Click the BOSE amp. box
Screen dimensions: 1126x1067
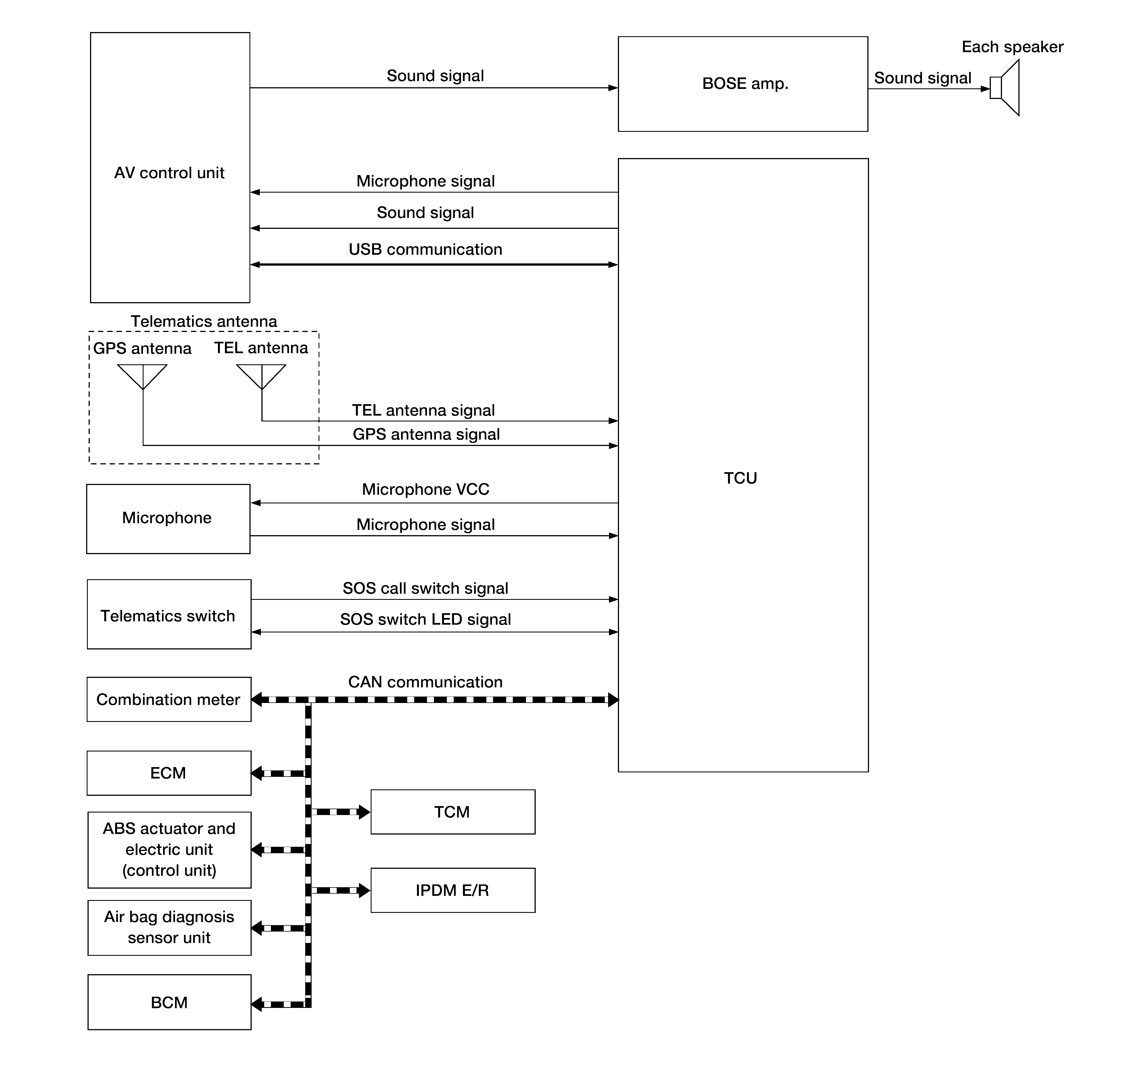point(743,84)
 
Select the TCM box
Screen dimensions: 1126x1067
point(453,812)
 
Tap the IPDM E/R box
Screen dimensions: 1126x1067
point(453,890)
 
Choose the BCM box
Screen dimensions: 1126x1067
point(169,1002)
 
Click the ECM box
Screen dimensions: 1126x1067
point(169,773)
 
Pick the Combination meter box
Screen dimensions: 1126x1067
point(169,699)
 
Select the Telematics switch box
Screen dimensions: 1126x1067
point(169,614)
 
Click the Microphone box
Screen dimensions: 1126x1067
point(168,519)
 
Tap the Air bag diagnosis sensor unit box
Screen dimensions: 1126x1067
point(169,928)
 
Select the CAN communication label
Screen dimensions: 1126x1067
point(425,682)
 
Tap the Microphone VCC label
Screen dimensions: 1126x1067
point(425,489)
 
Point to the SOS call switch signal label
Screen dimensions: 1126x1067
point(425,588)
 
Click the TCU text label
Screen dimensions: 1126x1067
point(741,478)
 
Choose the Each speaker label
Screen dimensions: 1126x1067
point(1012,47)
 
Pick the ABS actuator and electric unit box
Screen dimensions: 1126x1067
point(169,850)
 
